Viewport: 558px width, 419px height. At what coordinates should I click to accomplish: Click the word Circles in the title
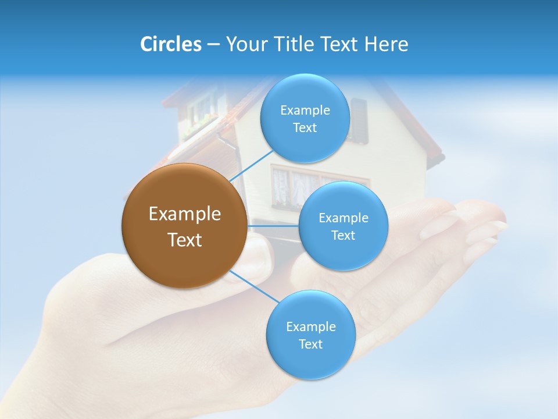pos(170,44)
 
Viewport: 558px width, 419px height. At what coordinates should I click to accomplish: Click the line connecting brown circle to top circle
pos(251,165)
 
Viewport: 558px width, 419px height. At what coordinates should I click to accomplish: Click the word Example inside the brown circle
pos(184,214)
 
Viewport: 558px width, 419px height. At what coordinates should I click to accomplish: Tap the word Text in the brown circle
pos(184,240)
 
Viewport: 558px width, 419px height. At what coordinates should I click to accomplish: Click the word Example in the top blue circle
pos(305,110)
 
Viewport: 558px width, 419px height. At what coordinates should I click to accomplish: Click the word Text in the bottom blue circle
pos(310,344)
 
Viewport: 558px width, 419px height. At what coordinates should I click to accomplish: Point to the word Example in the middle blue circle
pos(343,218)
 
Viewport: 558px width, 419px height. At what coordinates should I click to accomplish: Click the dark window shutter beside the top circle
pos(359,120)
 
